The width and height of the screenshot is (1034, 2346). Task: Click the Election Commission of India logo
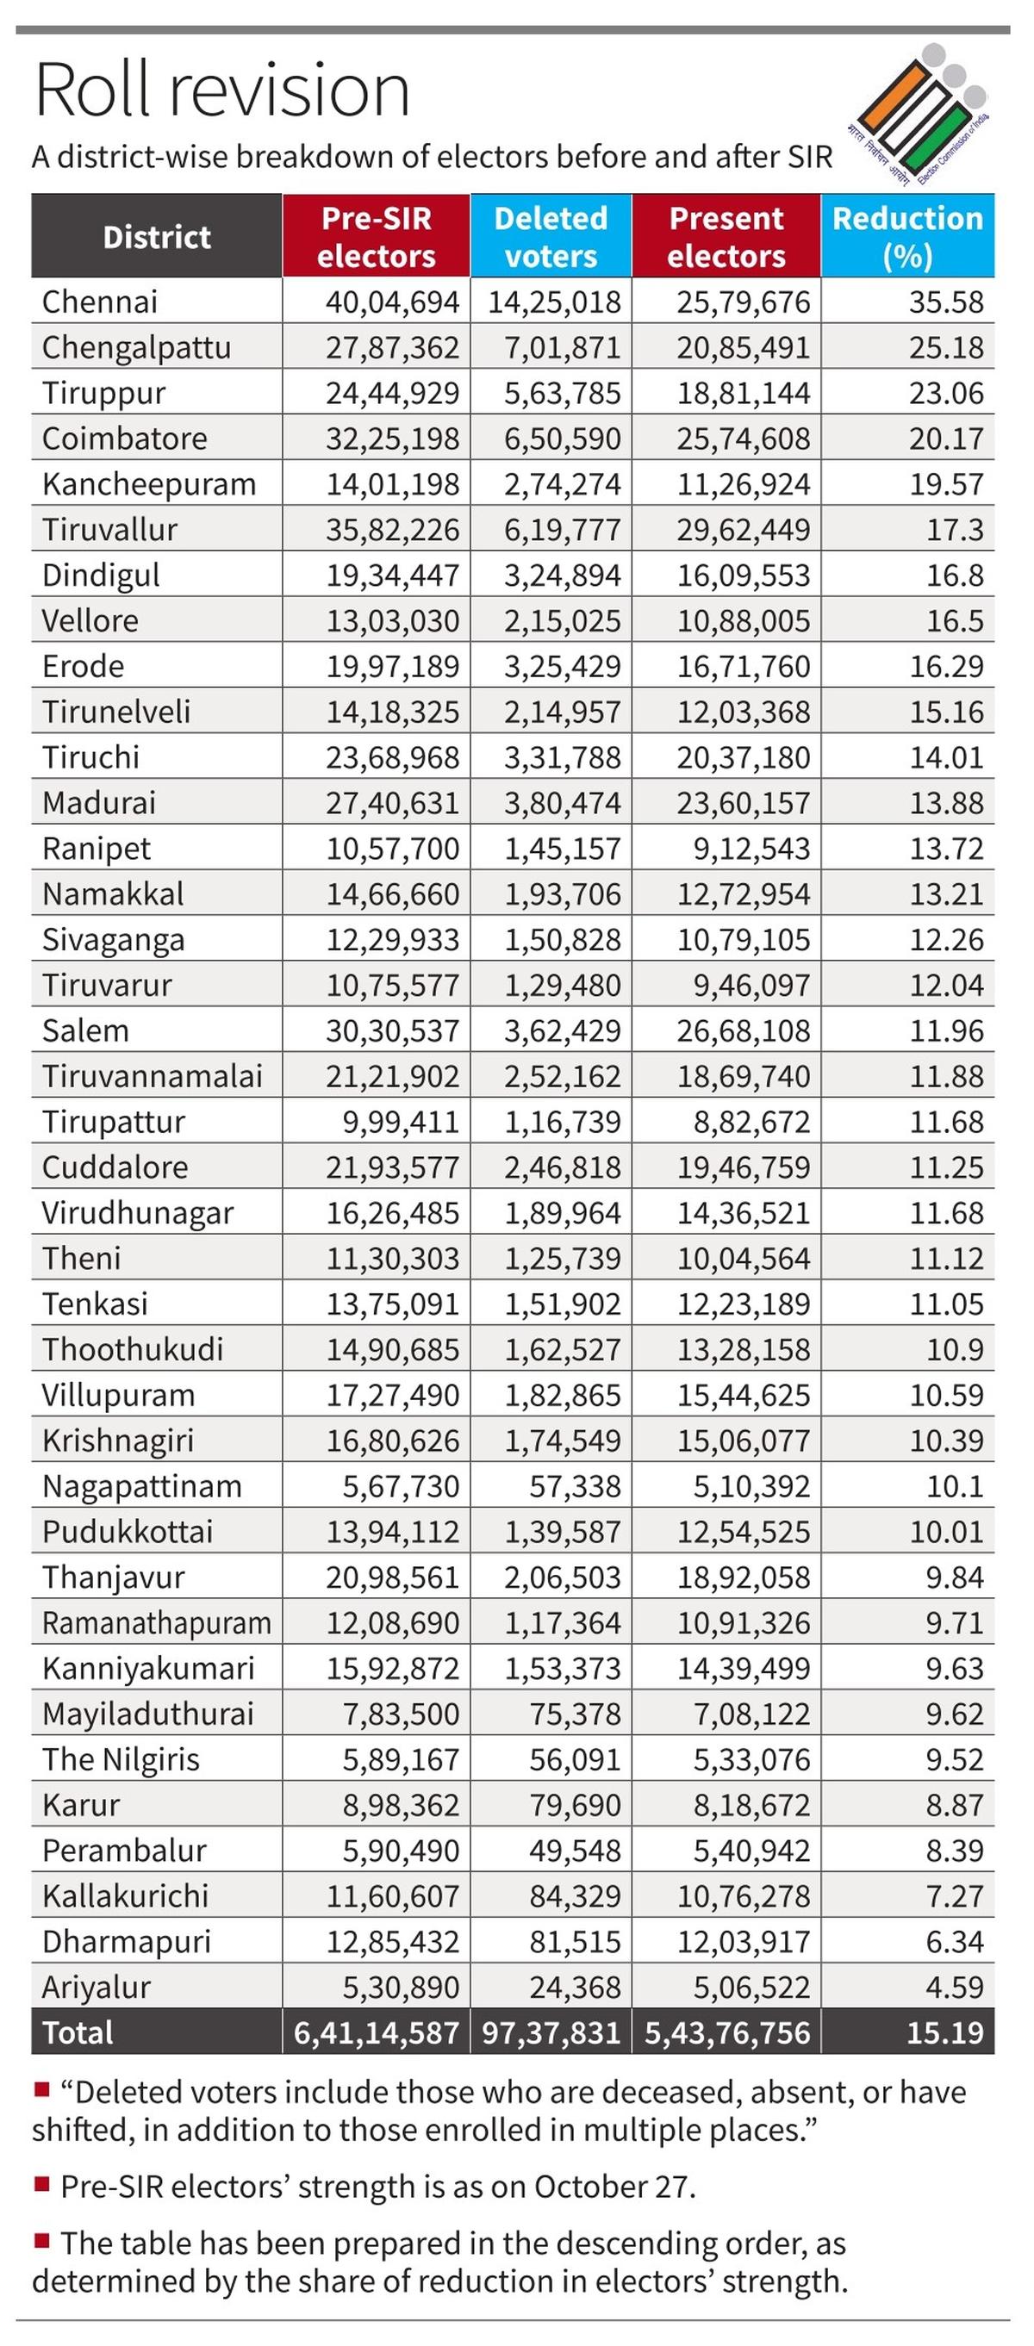[920, 114]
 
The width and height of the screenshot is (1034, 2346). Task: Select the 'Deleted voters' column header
[551, 236]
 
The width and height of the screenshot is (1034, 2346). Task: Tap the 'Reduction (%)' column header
[907, 236]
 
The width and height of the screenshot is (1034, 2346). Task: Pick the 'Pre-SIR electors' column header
[376, 236]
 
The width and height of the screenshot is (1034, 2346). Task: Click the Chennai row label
[100, 302]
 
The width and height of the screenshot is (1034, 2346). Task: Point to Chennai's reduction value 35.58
[945, 302]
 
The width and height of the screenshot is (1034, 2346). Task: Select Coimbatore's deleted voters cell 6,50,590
[562, 438]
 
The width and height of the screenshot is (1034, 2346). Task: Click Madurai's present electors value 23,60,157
[743, 802]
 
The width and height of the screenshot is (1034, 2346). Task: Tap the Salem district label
[85, 1030]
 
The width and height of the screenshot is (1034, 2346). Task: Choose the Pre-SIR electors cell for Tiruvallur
[393, 529]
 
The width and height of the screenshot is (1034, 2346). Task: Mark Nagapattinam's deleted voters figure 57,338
[575, 1485]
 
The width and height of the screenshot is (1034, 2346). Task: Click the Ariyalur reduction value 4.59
[954, 1986]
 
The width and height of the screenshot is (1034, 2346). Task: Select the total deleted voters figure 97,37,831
[551, 2032]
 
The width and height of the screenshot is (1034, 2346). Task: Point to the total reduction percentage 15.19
[944, 2032]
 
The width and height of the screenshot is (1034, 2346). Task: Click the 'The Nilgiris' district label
[121, 1758]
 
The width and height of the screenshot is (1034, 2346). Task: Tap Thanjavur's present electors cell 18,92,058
[743, 1577]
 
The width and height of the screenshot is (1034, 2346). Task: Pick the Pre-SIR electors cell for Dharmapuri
[393, 1941]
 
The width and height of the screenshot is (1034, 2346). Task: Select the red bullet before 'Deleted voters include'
[41, 2088]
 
